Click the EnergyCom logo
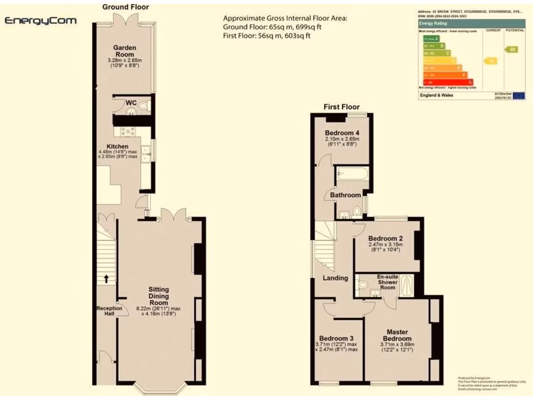pos(41,21)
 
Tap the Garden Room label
pos(125,51)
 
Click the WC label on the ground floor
pos(131,103)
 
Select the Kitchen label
pos(118,146)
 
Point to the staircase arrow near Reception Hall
pos(106,279)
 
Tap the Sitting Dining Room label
pos(159,296)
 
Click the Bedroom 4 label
pos(342,132)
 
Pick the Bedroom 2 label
pos(386,239)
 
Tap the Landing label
pos(335,278)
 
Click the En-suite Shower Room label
pos(387,282)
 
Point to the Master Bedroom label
pos(397,335)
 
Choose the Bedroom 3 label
pos(336,337)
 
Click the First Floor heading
pos(341,107)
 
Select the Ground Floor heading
pos(125,7)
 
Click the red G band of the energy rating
pos(448,82)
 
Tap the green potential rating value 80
pos(512,49)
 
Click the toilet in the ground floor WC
pos(143,106)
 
